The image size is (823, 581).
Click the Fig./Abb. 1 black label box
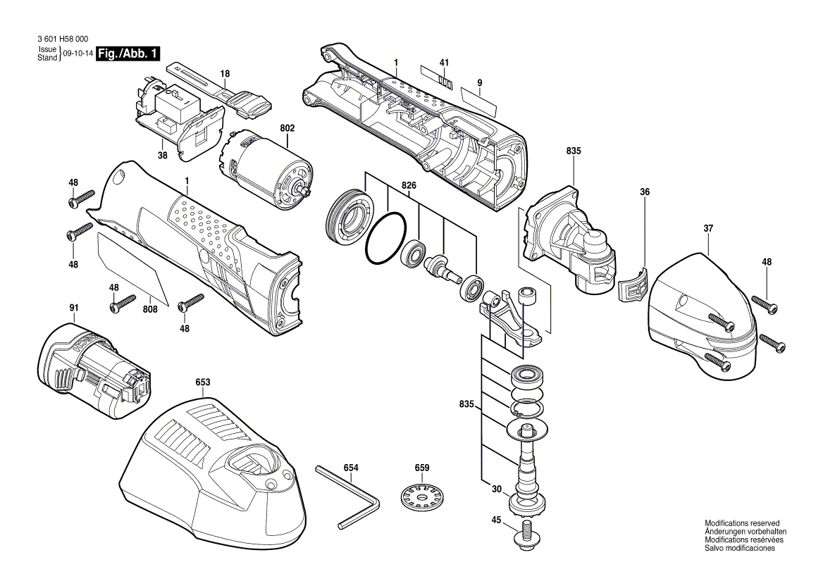coord(128,54)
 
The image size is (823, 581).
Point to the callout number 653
coord(202,382)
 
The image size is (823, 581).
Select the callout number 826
coord(409,185)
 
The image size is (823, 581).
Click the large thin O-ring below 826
coord(385,240)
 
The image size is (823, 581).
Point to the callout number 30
coord(497,489)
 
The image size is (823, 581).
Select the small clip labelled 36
coord(632,286)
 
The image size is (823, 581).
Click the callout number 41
coord(444,63)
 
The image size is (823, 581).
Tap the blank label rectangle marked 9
coord(479,101)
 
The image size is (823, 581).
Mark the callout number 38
coord(162,156)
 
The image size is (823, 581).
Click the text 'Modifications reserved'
coord(742,523)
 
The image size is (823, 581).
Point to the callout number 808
coord(150,308)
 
